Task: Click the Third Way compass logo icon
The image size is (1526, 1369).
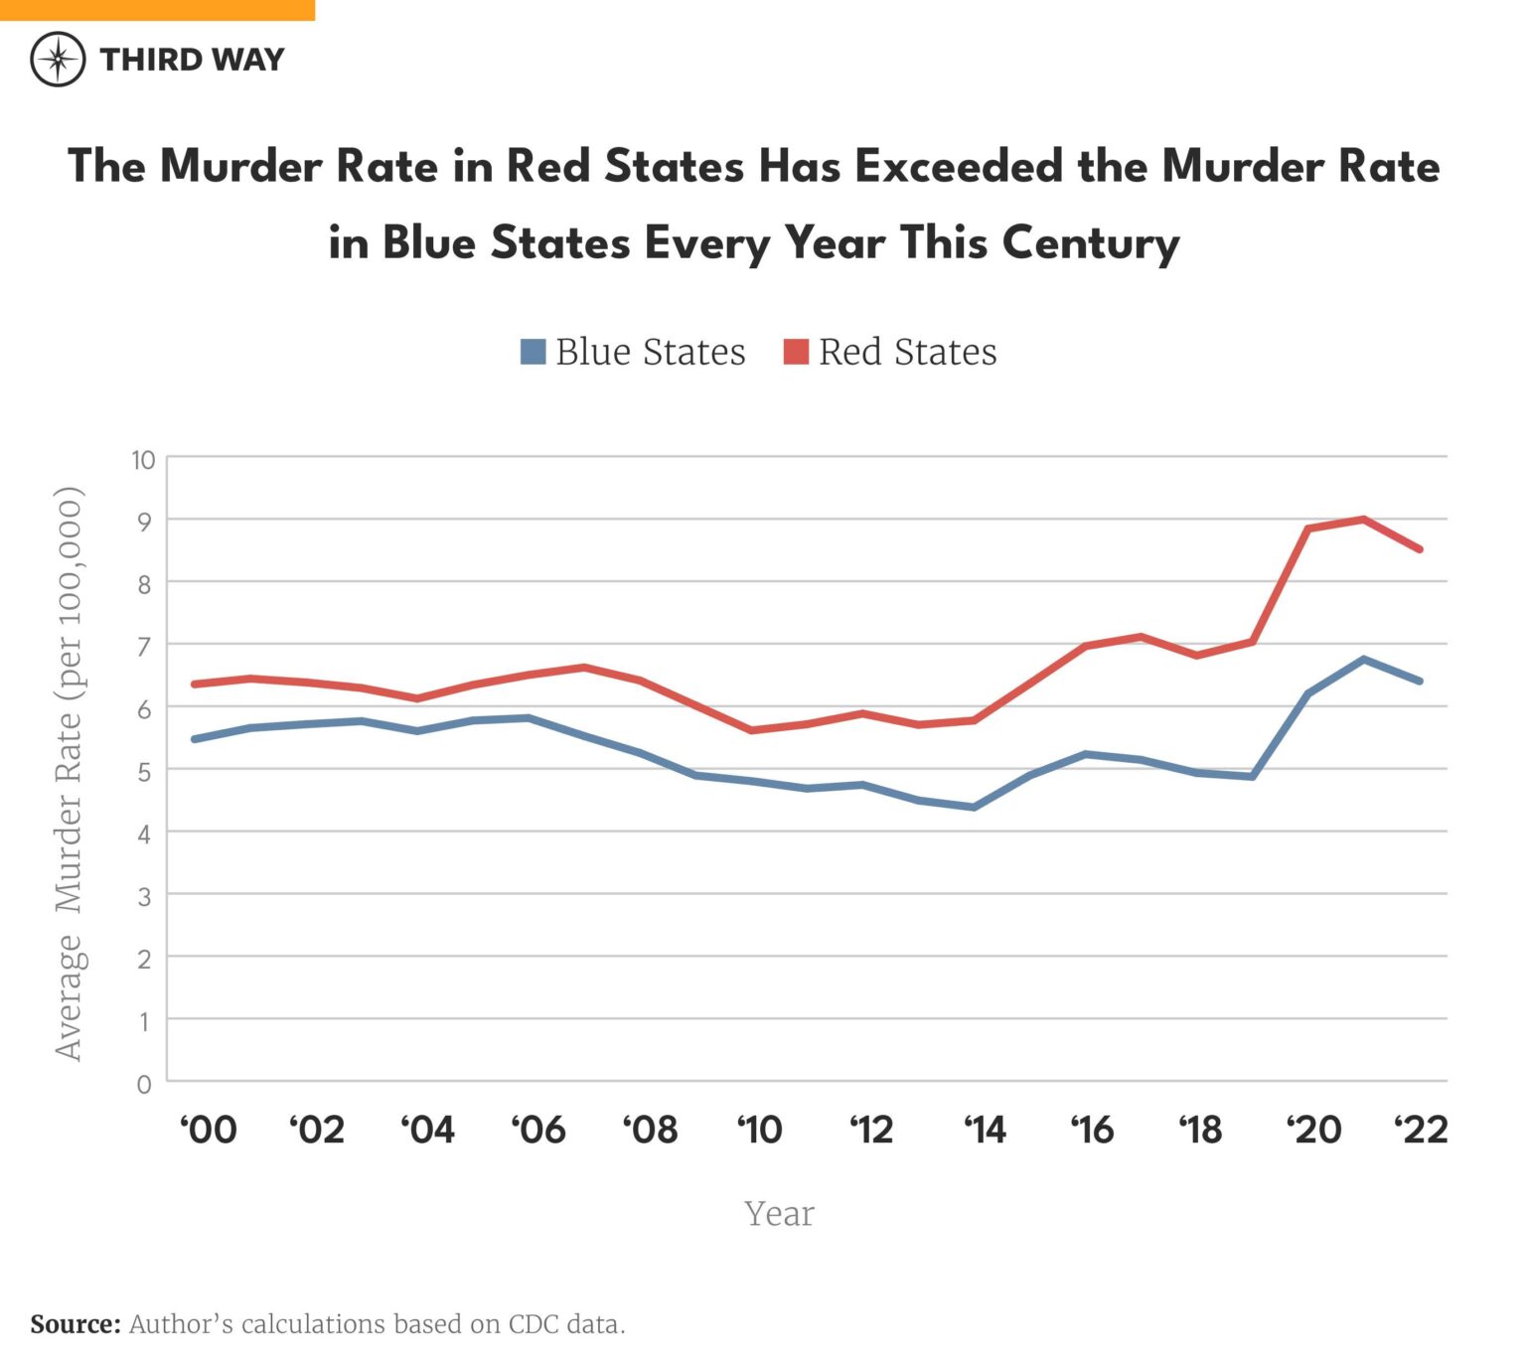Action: (x=59, y=60)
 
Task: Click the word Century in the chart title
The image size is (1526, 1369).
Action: (x=1090, y=243)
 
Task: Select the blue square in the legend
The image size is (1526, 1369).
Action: (x=534, y=352)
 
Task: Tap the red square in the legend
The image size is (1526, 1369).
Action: (x=796, y=352)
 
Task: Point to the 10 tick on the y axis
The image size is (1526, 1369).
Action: (x=143, y=460)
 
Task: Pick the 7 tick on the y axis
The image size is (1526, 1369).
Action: (x=145, y=647)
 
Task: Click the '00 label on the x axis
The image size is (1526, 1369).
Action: (x=209, y=1131)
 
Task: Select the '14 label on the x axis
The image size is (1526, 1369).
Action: (x=984, y=1131)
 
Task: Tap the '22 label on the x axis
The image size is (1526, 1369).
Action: (x=1421, y=1131)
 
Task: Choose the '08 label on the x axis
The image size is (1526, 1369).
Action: (x=651, y=1131)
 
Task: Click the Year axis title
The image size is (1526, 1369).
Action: (x=779, y=1214)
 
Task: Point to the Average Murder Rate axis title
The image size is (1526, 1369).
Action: (x=69, y=773)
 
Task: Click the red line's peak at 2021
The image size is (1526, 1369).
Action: (x=1364, y=520)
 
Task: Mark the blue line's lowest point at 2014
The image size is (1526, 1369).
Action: (x=974, y=807)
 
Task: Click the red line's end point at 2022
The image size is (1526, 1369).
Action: (x=1420, y=548)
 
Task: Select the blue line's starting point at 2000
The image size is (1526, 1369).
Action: (x=195, y=739)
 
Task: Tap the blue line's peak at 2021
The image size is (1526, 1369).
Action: (x=1364, y=659)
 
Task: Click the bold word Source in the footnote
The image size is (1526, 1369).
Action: (x=75, y=1324)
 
